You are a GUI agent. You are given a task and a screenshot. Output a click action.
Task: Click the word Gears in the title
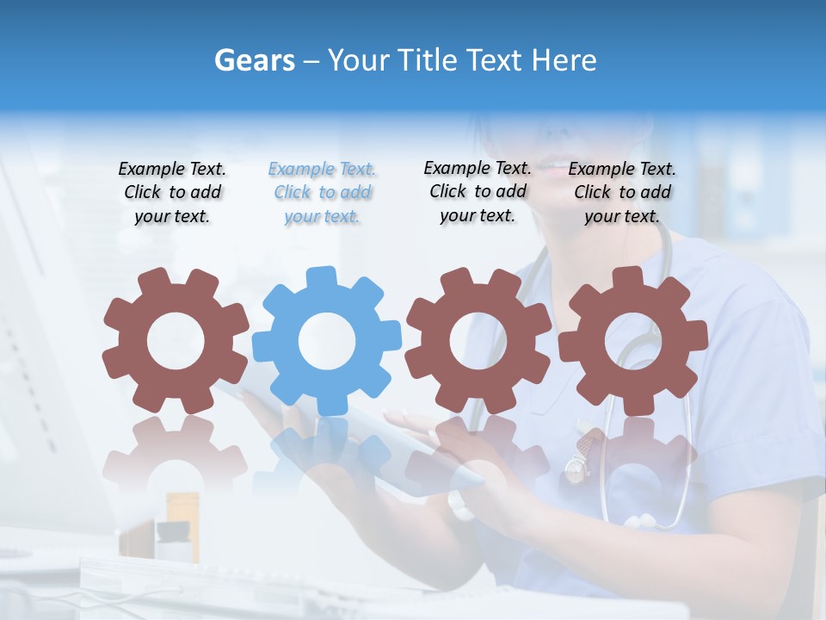[254, 60]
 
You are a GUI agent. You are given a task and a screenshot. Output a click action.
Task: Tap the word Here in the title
[564, 60]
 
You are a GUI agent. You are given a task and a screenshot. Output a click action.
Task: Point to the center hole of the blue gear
[327, 342]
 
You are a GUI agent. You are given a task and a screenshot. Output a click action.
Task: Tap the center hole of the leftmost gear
[176, 342]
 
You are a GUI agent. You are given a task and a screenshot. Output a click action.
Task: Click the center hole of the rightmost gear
[633, 342]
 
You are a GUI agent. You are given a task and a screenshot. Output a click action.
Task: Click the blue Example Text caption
[322, 193]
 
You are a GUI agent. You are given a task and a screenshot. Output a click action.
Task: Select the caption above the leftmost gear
[172, 193]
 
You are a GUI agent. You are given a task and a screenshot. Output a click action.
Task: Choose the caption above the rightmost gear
[622, 193]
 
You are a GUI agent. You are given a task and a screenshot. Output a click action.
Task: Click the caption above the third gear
[478, 191]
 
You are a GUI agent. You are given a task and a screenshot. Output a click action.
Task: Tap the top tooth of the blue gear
[321, 277]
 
